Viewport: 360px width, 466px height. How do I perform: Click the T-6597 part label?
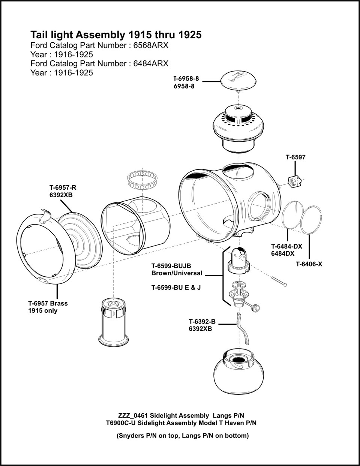click(x=295, y=157)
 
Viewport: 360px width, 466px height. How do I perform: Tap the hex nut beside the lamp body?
click(x=295, y=181)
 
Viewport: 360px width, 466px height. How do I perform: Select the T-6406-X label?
click(x=309, y=264)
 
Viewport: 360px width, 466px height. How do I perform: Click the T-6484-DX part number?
click(x=286, y=246)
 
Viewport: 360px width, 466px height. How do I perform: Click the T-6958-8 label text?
click(x=186, y=79)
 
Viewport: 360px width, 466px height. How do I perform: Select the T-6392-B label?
click(x=202, y=321)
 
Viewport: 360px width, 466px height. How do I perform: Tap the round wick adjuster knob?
click(x=256, y=308)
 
